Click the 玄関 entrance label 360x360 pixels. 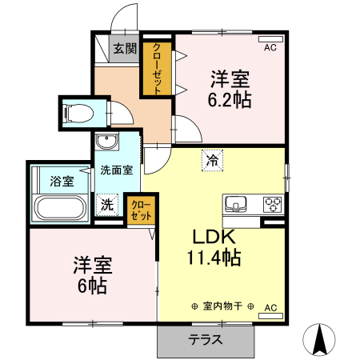point(124,49)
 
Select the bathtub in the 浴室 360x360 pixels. point(60,210)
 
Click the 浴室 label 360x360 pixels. point(62,181)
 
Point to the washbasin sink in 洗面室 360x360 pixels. point(106,143)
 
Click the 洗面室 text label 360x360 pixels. point(116,170)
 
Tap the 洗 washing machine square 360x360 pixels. point(107,204)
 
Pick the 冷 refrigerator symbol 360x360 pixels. point(212,160)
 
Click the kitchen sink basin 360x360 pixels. point(238,203)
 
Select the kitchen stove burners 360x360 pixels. point(273,202)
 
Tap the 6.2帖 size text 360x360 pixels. point(230,100)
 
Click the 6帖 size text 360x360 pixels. point(93,286)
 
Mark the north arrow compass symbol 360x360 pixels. point(322,341)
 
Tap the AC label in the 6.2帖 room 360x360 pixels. point(270,47)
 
